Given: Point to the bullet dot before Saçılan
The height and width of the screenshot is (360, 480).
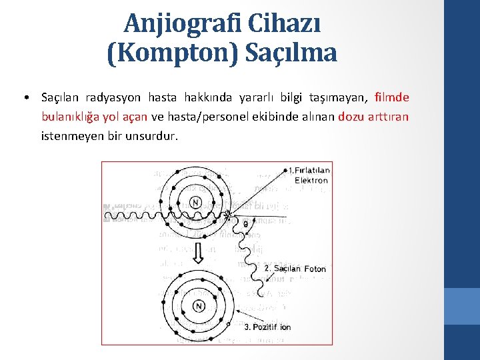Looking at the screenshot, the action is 25,98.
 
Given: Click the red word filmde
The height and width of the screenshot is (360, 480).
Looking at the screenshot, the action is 392,98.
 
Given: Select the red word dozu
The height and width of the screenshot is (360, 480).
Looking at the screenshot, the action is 351,117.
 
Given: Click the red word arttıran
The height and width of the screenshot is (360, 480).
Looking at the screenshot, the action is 389,117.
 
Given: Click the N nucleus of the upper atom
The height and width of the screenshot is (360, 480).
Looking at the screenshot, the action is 195,202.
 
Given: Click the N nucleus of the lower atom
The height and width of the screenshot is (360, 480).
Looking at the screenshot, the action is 198,306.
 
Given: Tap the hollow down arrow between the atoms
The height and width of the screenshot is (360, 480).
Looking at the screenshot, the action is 198,253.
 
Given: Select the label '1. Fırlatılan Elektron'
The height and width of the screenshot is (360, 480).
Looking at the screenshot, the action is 309,175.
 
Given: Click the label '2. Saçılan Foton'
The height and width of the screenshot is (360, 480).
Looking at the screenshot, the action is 295,269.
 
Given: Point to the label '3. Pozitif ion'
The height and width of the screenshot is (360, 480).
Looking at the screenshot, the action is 267,327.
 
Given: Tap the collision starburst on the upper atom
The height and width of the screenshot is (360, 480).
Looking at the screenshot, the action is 229,215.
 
